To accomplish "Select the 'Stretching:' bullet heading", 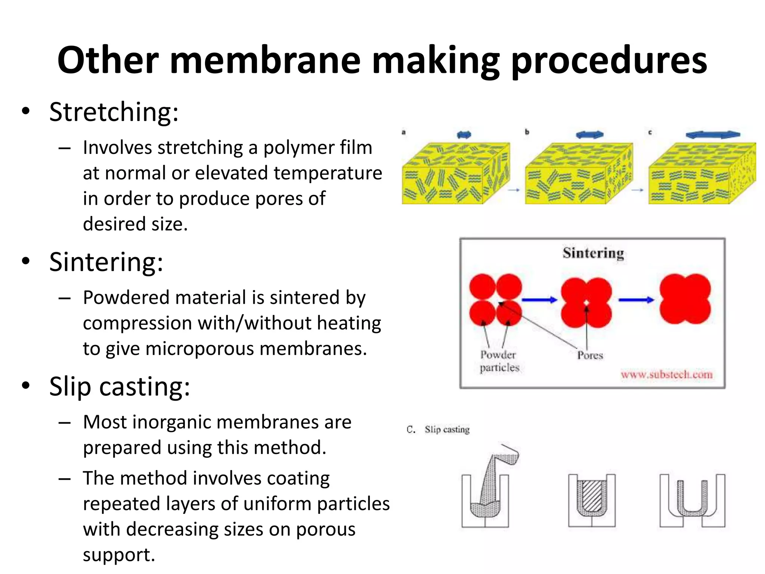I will click(114, 112).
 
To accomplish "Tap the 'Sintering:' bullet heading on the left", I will click(106, 262).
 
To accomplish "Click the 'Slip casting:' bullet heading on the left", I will click(120, 386).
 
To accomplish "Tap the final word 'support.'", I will click(119, 555).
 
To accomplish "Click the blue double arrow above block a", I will click(464, 135).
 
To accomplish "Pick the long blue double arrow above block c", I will click(713, 135).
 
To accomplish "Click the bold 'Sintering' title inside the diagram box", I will click(593, 253).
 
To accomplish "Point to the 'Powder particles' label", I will click(499, 361).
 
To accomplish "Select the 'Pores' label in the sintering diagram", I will click(590, 355).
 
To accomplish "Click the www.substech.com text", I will click(666, 374).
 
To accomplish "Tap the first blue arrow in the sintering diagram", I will click(539, 300).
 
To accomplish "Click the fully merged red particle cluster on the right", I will click(685, 299).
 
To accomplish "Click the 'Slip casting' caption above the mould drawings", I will click(447, 429).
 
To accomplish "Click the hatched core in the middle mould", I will click(592, 497).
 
